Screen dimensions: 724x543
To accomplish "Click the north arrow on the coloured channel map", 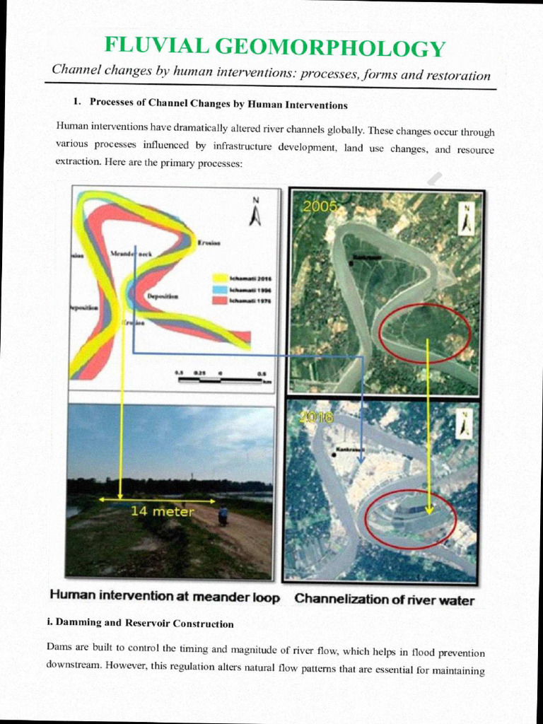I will pyautogui.click(x=256, y=212).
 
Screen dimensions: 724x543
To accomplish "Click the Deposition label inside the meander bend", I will pyautogui.click(x=163, y=296).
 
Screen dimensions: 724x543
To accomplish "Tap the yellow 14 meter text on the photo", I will pyautogui.click(x=162, y=511).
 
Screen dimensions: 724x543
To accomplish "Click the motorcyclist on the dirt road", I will pyautogui.click(x=223, y=515).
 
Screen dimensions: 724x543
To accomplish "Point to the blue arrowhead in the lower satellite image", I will pyautogui.click(x=361, y=459).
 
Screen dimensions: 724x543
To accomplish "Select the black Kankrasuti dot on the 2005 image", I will pyautogui.click(x=349, y=259).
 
